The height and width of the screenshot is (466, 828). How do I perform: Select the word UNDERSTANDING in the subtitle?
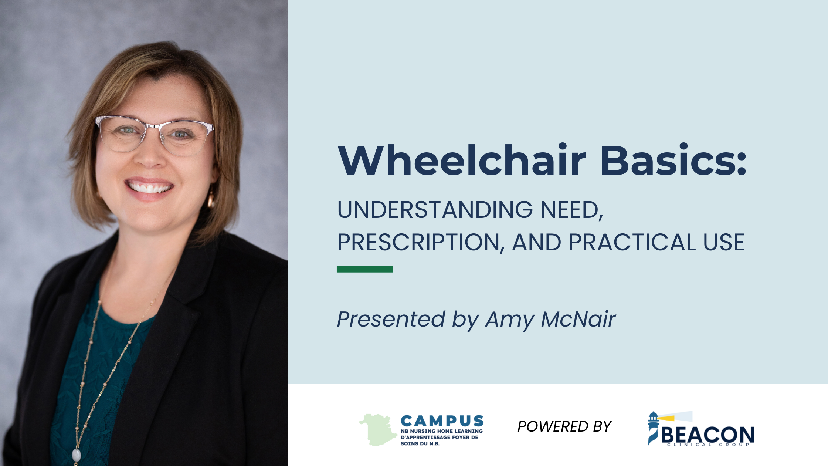pos(435,210)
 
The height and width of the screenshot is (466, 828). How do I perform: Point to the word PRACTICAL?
pos(632,242)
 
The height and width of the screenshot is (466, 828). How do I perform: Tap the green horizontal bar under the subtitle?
pos(364,269)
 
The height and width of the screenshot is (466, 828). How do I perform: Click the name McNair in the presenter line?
pos(578,319)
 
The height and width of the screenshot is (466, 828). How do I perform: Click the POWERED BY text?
pos(564,426)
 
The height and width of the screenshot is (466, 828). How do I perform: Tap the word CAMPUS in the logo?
pos(442,421)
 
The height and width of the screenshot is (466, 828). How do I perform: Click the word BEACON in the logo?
pos(707,435)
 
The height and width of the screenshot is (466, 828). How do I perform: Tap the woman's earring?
pos(211,200)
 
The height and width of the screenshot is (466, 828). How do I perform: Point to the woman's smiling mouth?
pos(149,187)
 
